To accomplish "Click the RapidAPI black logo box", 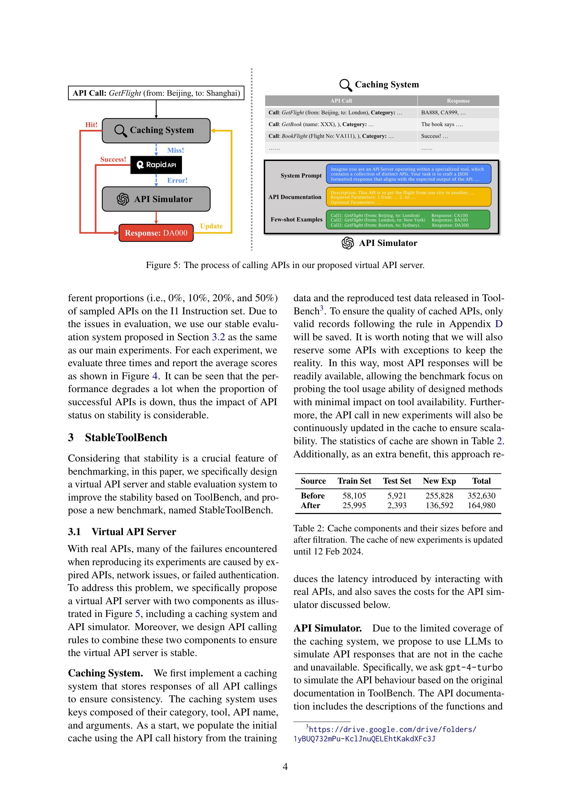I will [156, 165].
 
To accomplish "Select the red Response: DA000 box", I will [156, 233].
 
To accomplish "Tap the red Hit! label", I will [91, 125].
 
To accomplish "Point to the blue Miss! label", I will [175, 150].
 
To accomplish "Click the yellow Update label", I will [211, 226].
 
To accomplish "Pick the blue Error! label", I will [177, 180].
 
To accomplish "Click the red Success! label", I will [113, 159].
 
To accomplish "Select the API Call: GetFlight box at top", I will [156, 93].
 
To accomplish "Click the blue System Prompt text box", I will [408, 174].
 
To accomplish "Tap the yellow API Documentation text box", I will [408, 197].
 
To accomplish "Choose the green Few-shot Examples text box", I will [408, 220].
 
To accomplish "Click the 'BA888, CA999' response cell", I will [443, 113].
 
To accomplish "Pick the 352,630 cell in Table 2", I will [481, 495].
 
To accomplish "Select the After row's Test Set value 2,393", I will [397, 505].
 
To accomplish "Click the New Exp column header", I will [439, 481].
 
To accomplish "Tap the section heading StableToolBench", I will [126, 437].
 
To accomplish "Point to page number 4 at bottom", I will [285, 766].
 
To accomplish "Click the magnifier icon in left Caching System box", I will [120, 130].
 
